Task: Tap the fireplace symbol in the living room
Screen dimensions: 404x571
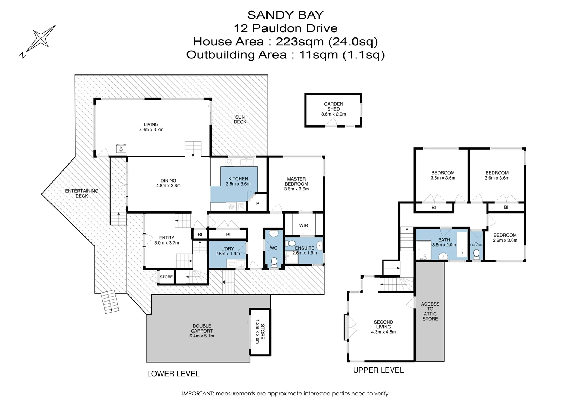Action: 121,149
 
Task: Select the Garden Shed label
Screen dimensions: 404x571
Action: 333,107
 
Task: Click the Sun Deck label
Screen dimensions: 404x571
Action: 240,120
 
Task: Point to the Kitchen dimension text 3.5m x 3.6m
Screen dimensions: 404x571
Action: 238,184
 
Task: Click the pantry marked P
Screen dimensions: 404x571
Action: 257,204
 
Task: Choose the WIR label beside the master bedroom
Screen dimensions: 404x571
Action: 303,226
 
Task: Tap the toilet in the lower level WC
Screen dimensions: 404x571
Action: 274,262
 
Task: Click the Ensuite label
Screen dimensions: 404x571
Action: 305,248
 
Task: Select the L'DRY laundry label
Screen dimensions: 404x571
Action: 227,249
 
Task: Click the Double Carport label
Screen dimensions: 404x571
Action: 202,328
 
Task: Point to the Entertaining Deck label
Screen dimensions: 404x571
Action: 82,193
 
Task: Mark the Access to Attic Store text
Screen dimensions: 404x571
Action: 430,312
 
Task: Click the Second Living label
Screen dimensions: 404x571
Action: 383,324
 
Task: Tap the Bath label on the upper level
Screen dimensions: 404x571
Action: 444,240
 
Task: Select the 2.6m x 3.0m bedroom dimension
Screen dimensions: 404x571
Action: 505,241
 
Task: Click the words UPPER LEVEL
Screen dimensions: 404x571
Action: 378,370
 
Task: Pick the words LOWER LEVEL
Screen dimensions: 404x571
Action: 173,374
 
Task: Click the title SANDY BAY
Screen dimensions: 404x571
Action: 285,15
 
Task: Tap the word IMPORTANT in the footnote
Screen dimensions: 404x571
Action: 198,394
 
